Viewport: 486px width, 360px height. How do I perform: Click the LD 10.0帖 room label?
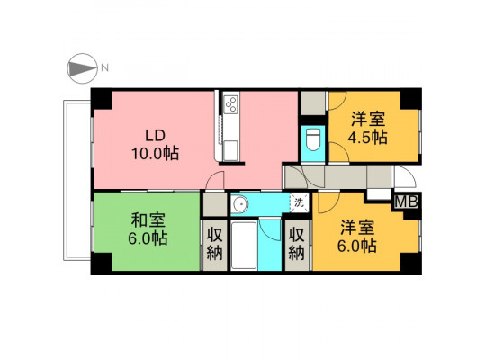tap(156, 145)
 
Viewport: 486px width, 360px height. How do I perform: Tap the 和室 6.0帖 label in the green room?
tap(148, 229)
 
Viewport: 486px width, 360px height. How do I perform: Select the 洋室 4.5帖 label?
tap(367, 129)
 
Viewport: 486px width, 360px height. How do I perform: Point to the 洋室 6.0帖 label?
tap(357, 237)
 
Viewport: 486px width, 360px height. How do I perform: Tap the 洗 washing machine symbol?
tap(300, 202)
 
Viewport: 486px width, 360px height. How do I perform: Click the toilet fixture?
tap(313, 139)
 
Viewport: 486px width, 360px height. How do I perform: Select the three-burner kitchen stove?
tap(231, 103)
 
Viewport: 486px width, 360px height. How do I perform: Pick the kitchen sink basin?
tap(231, 150)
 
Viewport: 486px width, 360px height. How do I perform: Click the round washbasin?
tap(239, 204)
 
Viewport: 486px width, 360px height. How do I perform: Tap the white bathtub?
tap(244, 246)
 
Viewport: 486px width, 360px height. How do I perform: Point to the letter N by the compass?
tap(104, 67)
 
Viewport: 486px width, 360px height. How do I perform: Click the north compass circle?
tap(82, 68)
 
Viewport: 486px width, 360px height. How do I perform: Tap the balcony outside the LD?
tap(76, 180)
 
